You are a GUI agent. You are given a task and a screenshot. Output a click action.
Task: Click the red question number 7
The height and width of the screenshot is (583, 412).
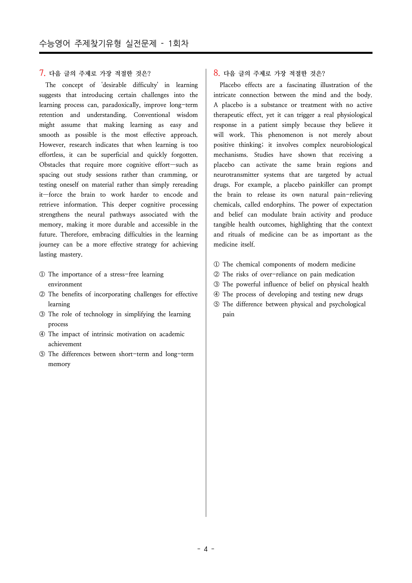click(x=42, y=73)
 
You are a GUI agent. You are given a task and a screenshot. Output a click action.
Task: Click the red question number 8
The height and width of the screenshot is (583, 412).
click(x=216, y=73)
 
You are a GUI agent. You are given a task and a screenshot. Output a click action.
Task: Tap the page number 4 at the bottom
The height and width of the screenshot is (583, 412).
click(x=206, y=549)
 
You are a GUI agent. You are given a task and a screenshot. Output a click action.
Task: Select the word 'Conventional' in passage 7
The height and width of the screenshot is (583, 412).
click(x=152, y=115)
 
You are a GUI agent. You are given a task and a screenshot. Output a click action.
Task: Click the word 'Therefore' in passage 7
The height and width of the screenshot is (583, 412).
click(x=75, y=235)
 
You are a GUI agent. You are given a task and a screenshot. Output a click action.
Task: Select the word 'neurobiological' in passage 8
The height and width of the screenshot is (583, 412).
click(x=351, y=145)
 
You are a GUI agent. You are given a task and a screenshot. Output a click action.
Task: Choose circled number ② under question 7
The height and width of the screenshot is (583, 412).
click(x=42, y=294)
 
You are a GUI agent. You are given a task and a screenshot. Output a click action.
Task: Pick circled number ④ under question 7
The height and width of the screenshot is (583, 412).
click(x=42, y=334)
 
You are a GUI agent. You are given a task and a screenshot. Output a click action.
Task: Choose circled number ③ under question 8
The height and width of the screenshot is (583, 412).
click(x=216, y=284)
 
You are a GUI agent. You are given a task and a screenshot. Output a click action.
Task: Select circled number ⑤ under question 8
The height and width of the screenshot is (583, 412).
click(x=216, y=304)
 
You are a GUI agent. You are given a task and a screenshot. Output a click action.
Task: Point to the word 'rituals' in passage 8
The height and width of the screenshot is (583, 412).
click(x=236, y=235)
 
